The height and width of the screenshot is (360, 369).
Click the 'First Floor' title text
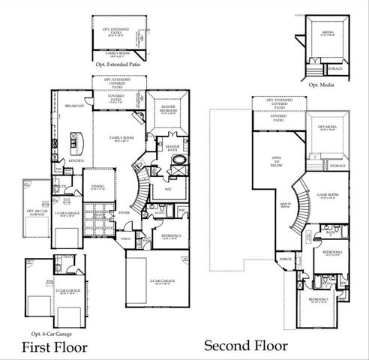pos(54,346)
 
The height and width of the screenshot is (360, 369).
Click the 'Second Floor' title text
pos(245,346)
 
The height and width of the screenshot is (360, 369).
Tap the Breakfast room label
pos(73,106)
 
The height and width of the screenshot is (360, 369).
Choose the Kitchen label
pos(76,160)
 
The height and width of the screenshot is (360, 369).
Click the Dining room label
pos(98,187)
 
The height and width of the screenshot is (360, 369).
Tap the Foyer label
pos(124,212)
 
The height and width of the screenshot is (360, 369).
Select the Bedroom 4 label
pos(333,252)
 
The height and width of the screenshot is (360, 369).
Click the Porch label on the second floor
pos(286,259)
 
